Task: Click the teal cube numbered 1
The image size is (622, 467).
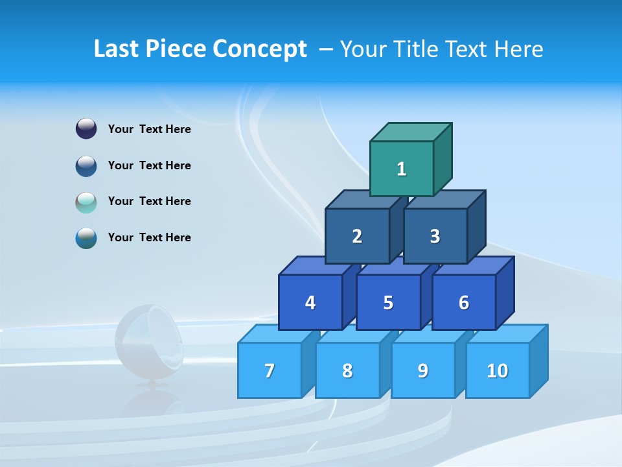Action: pyautogui.click(x=401, y=169)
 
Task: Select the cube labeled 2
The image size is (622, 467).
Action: pyautogui.click(x=357, y=236)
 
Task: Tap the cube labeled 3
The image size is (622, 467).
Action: pyautogui.click(x=435, y=236)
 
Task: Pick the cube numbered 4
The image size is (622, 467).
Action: pyautogui.click(x=310, y=302)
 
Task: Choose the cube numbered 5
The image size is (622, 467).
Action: pyautogui.click(x=388, y=302)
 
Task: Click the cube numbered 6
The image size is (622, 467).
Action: pyautogui.click(x=463, y=302)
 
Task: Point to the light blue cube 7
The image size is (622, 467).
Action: pyautogui.click(x=270, y=370)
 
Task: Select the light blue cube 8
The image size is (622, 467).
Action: pyautogui.click(x=347, y=370)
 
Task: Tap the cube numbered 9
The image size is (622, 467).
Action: pyautogui.click(x=422, y=370)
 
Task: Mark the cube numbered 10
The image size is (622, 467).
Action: pyautogui.click(x=497, y=370)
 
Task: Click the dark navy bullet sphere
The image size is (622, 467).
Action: pyautogui.click(x=86, y=128)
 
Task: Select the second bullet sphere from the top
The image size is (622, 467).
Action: pyautogui.click(x=86, y=165)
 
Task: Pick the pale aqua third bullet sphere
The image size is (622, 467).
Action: pyautogui.click(x=86, y=202)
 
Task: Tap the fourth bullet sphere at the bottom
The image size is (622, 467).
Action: pyautogui.click(x=86, y=238)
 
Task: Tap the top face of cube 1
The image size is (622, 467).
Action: pyautogui.click(x=410, y=132)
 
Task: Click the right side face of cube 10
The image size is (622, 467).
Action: pyautogui.click(x=538, y=361)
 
